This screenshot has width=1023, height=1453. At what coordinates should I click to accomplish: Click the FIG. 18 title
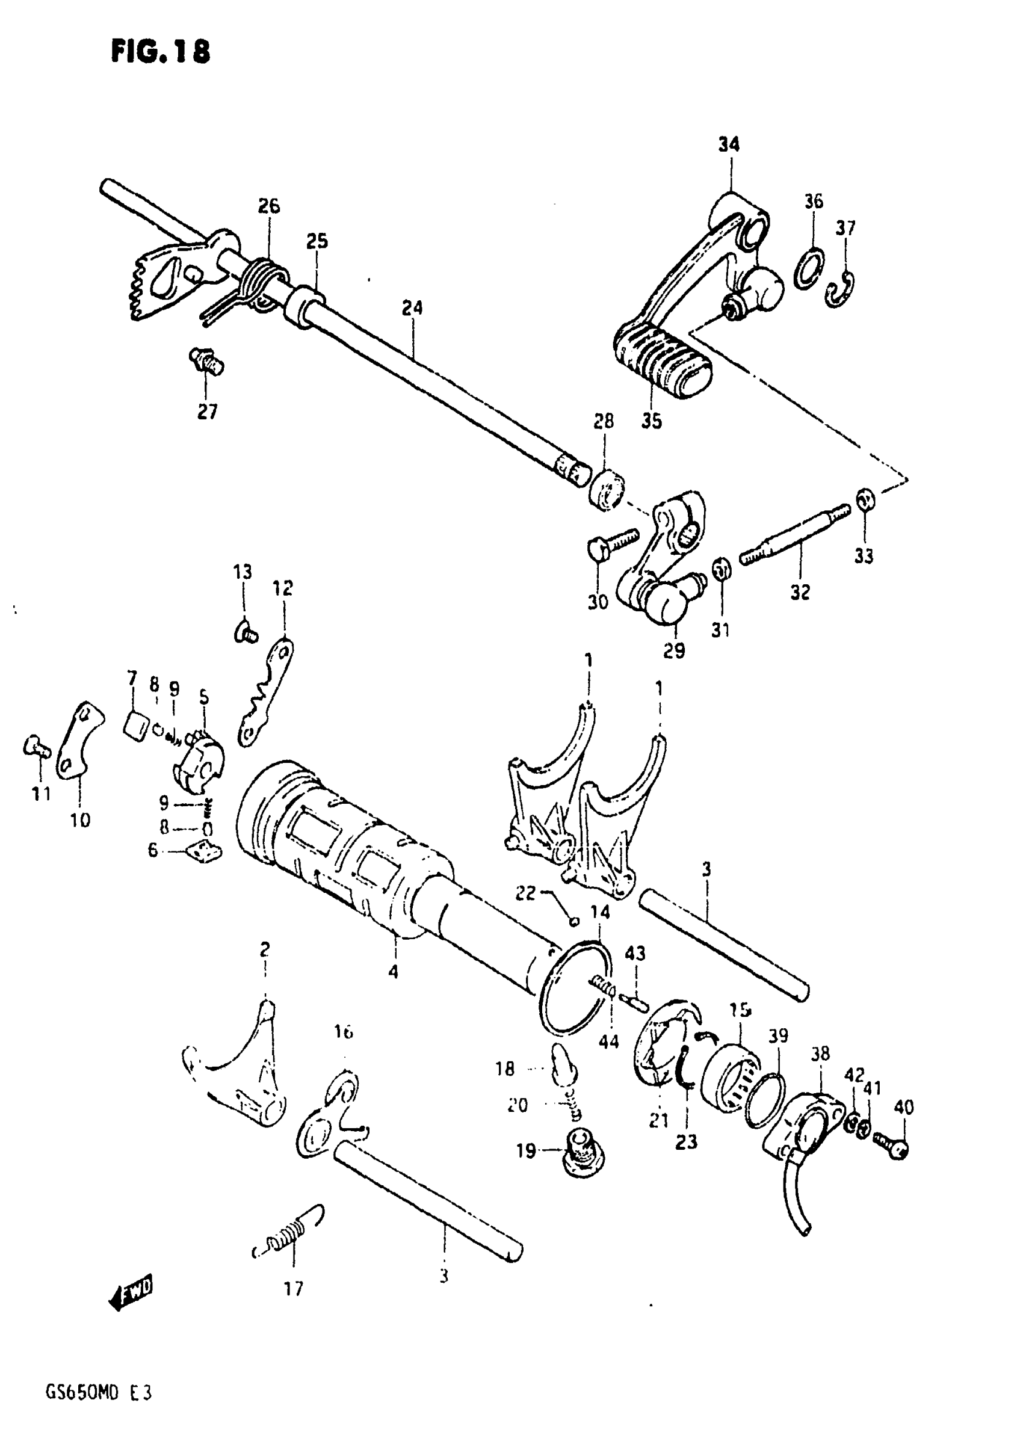pyautogui.click(x=160, y=51)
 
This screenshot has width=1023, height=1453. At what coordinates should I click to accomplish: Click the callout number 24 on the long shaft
pyautogui.click(x=412, y=308)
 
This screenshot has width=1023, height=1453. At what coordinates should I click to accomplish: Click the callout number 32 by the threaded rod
pyautogui.click(x=800, y=593)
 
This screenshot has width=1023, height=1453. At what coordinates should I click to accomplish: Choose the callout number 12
pyautogui.click(x=282, y=588)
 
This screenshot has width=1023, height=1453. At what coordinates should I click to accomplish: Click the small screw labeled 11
pyautogui.click(x=37, y=747)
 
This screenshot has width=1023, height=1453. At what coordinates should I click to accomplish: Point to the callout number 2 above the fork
pyautogui.click(x=265, y=949)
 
